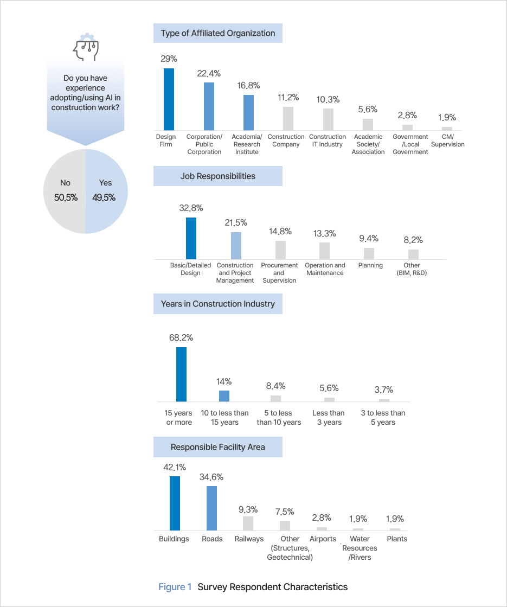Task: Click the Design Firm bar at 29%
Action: (169, 99)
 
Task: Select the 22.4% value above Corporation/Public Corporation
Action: (209, 74)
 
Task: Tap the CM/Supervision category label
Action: (447, 140)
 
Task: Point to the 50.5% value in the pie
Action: (66, 197)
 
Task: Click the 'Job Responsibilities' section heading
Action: (217, 176)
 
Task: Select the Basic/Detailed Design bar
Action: (191, 238)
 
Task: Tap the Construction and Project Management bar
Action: (236, 246)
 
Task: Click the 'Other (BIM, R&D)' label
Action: (412, 269)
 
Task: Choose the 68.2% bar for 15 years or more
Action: (181, 374)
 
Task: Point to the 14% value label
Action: (224, 381)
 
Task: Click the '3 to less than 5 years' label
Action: (383, 418)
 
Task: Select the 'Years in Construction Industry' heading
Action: (217, 304)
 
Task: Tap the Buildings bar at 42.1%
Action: (175, 503)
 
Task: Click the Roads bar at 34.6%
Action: (211, 508)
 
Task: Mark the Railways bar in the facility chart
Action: (248, 523)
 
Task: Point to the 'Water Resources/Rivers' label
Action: (360, 548)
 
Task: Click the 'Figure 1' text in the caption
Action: (175, 587)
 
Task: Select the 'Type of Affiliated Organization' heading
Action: (217, 33)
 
